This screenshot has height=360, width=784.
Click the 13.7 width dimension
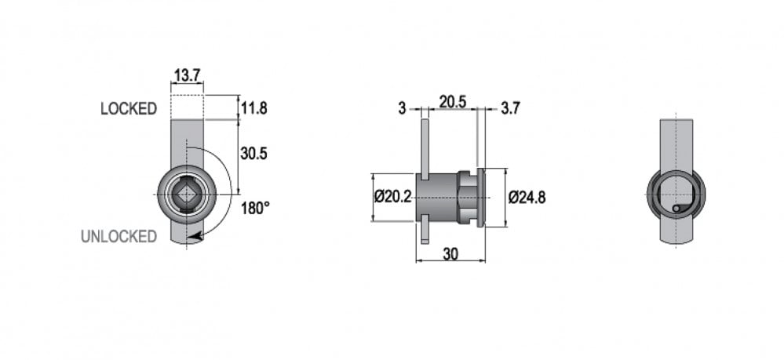tap(187, 75)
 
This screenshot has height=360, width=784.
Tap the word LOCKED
tap(129, 108)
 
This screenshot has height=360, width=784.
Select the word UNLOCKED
tap(119, 237)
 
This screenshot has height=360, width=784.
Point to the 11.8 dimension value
tap(254, 107)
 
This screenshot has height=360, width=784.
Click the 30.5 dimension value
tap(253, 154)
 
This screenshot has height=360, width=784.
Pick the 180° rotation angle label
tap(256, 208)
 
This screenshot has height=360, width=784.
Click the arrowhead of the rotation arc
tap(197, 235)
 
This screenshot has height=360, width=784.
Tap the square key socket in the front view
tap(187, 194)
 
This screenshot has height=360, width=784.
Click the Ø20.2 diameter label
tap(392, 197)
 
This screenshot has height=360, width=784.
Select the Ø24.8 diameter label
tap(527, 198)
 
